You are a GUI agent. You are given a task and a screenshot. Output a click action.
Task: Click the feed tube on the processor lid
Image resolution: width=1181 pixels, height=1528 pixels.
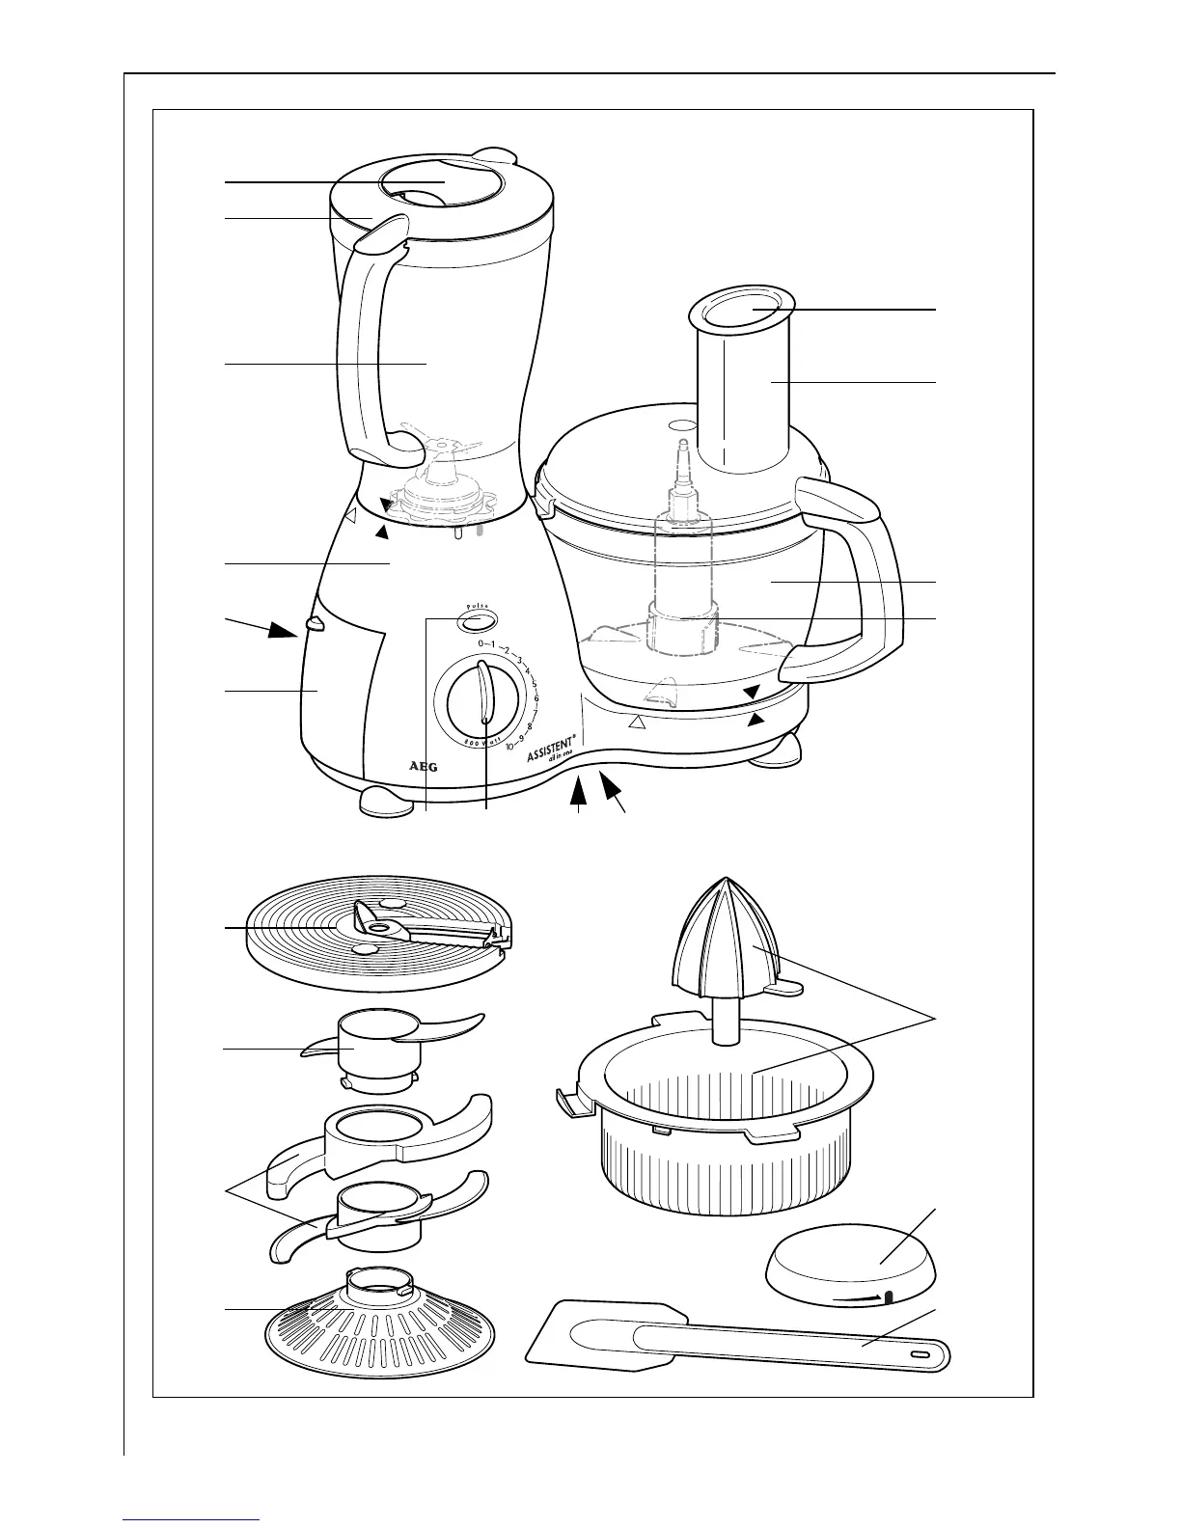741,386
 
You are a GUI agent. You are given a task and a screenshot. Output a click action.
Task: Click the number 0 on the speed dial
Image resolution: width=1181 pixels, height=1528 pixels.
481,643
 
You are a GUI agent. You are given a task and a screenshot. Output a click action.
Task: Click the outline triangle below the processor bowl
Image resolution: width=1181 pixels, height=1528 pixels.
635,722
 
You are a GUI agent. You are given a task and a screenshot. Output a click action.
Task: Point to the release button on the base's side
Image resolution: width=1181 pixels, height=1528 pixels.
313,625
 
